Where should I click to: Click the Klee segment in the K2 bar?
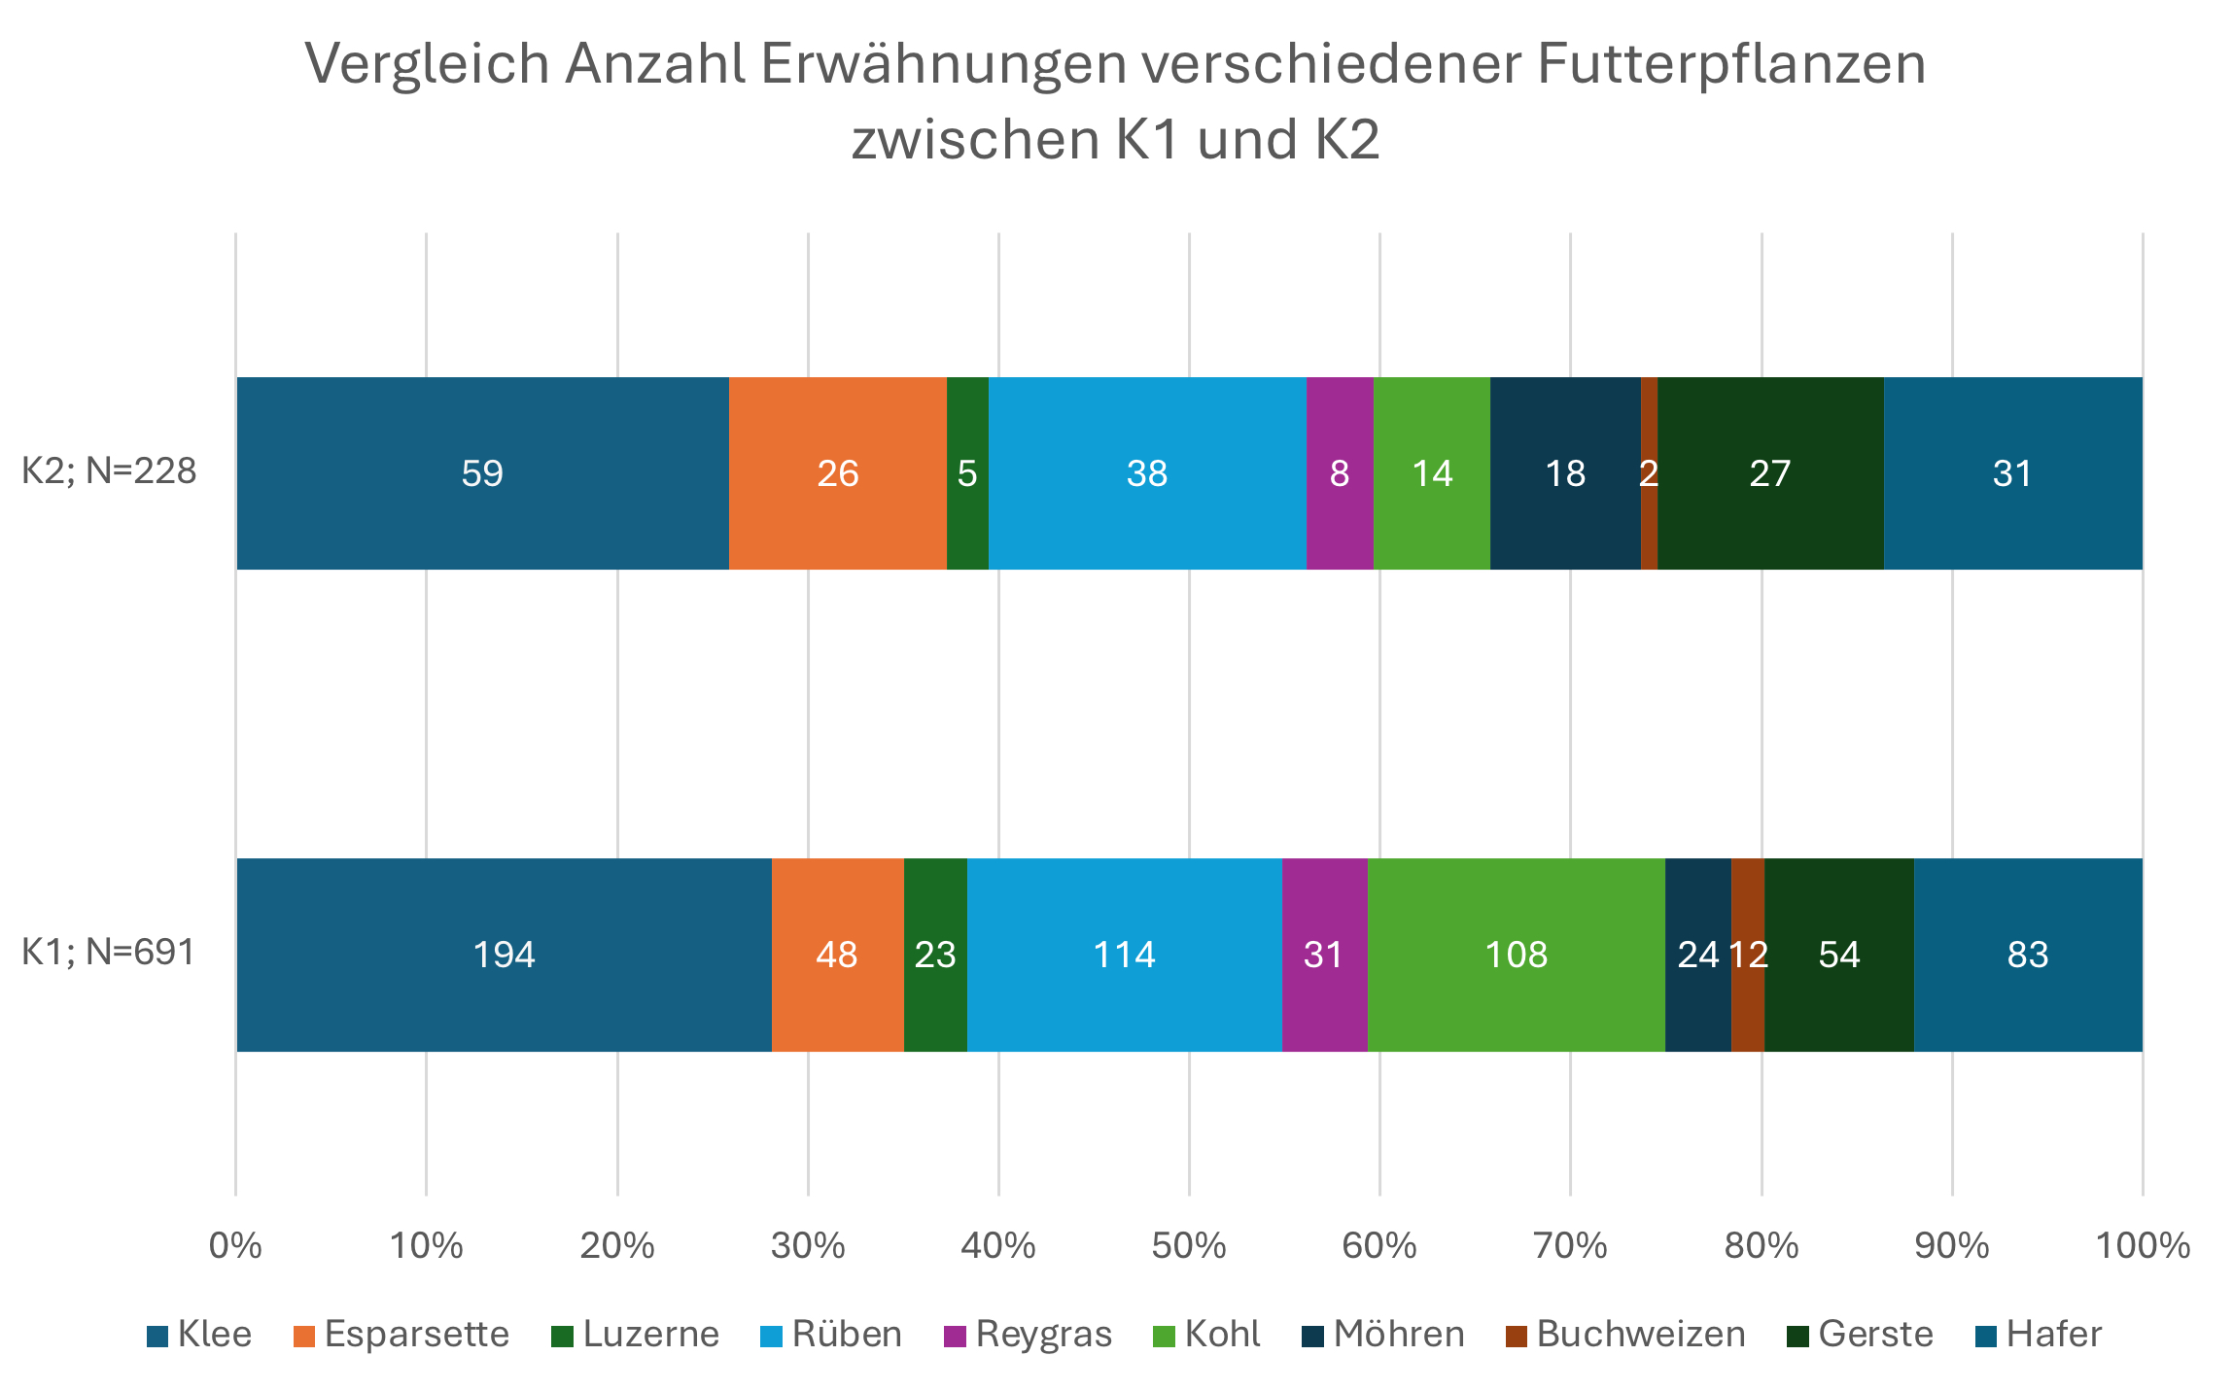pos(482,473)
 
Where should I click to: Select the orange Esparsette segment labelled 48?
pos(837,955)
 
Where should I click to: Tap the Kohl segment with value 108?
pos(1516,955)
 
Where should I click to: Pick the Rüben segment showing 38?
pos(1147,473)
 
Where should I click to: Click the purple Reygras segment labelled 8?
pos(1340,473)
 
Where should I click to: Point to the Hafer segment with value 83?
pos(2028,955)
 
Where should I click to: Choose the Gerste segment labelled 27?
pos(1769,473)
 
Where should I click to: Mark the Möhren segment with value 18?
pos(1565,473)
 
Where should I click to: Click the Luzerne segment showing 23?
pos(935,955)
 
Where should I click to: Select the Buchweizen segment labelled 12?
pos(1748,955)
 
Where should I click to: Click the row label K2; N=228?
pos(109,471)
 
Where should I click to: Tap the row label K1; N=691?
pos(109,953)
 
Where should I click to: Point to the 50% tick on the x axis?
pos(1189,1245)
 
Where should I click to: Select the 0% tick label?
pos(235,1245)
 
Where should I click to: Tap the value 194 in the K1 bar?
pos(504,955)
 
